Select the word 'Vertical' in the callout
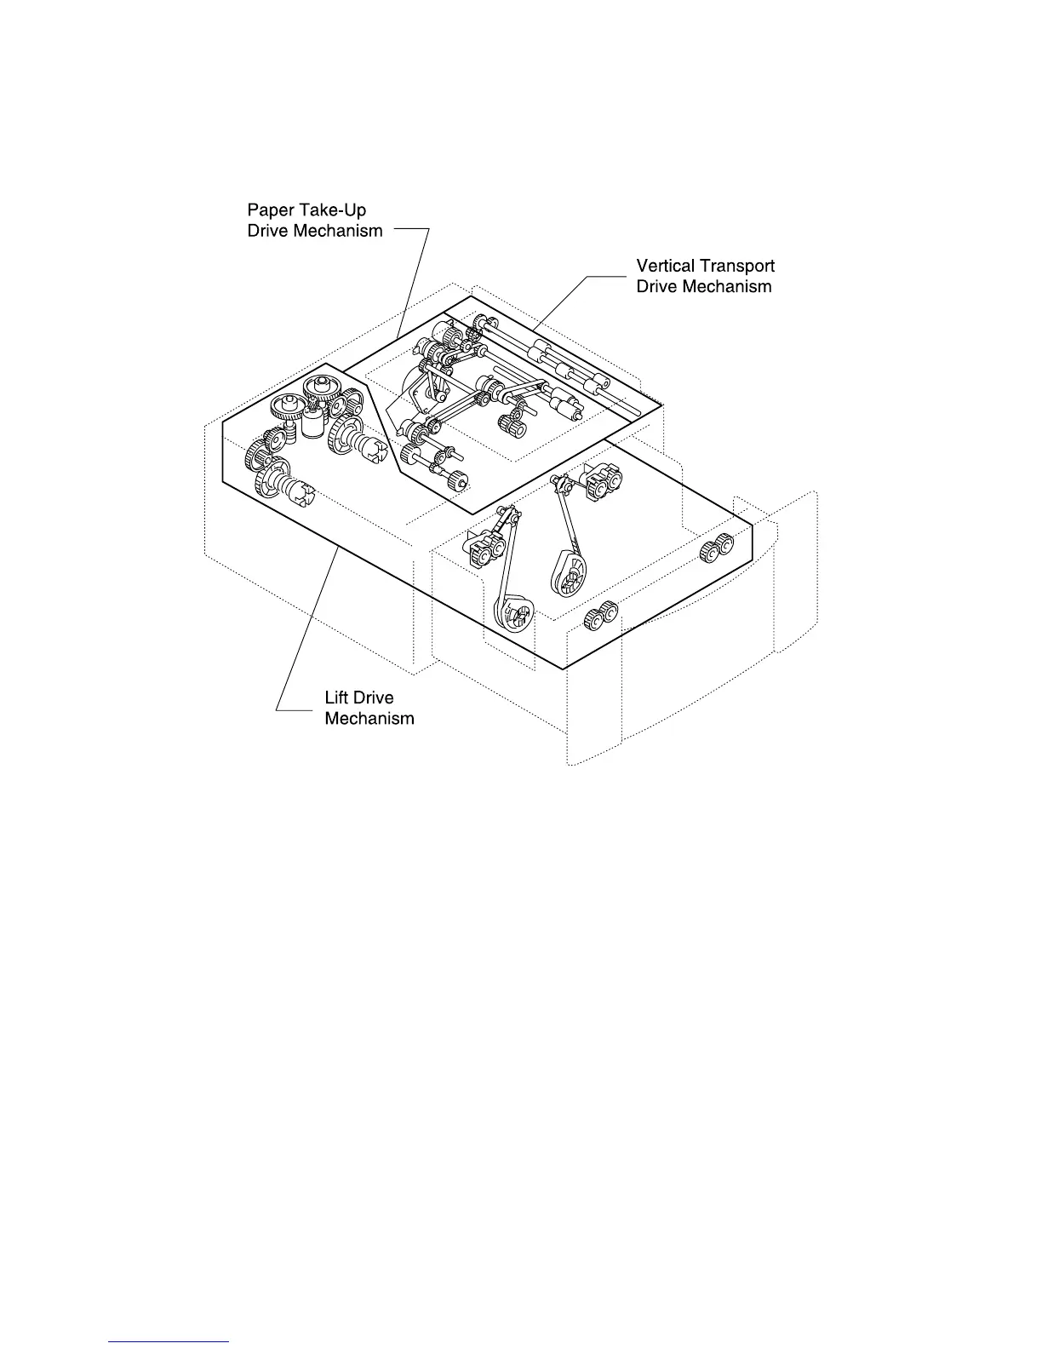tap(665, 266)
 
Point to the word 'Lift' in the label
tap(337, 697)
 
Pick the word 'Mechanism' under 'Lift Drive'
tap(369, 718)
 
